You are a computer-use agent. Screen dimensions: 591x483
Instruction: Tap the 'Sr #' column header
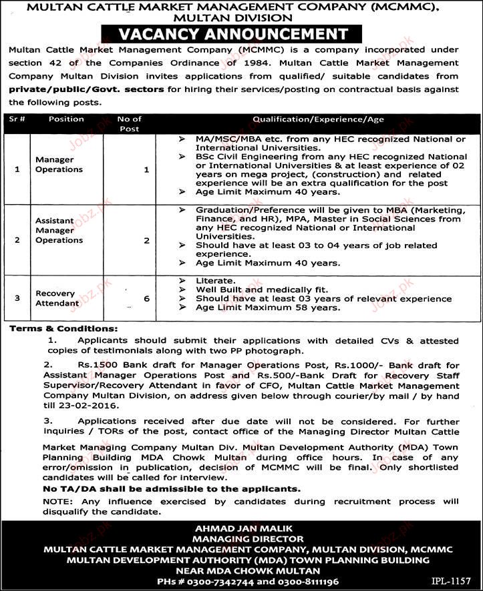17,119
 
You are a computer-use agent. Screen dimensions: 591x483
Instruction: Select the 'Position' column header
66,119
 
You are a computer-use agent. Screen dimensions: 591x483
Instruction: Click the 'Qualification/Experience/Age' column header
319,119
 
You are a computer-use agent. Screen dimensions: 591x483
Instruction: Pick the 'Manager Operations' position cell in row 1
59,165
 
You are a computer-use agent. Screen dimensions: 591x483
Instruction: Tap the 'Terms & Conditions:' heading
63,329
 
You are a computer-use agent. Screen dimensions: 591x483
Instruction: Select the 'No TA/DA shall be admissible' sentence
154,488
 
